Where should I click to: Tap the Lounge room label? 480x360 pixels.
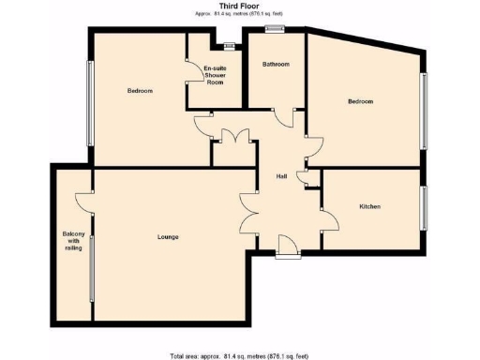tap(168, 236)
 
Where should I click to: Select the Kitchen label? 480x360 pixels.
tap(369, 206)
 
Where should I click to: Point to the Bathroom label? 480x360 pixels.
tap(276, 65)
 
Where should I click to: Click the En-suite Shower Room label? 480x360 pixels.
tap(215, 75)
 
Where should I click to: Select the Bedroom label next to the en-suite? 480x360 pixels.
tap(140, 91)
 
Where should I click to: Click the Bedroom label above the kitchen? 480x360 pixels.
tap(361, 101)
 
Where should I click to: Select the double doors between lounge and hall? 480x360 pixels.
tap(248, 212)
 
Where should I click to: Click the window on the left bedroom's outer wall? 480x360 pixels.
tap(90, 103)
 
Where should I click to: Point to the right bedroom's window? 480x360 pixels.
tap(423, 111)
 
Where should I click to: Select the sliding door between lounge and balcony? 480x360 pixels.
tap(92, 273)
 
